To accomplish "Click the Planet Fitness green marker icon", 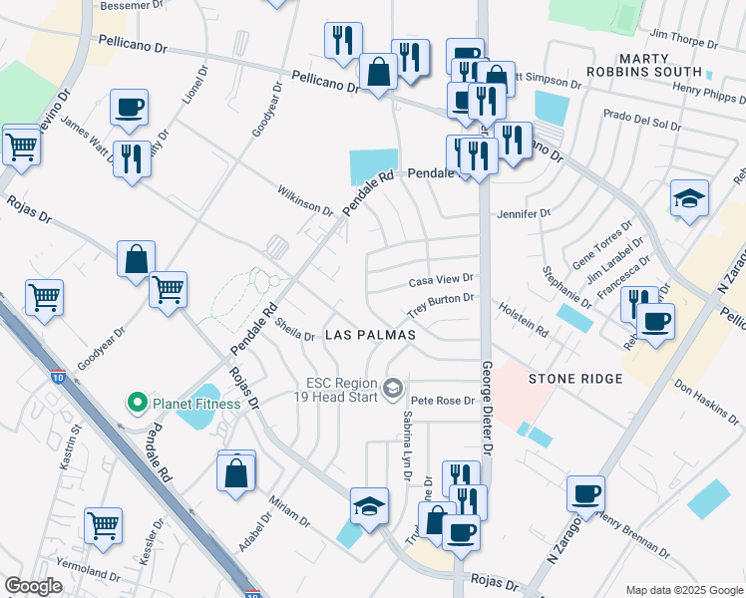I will point(138,404).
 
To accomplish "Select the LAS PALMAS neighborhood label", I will point(370,336).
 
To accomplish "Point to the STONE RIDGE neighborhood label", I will point(575,379).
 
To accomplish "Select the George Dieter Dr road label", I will point(488,409).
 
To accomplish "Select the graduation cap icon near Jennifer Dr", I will point(689,198).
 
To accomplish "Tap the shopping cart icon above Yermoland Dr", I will point(104,525).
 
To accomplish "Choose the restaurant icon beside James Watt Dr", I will point(131,158).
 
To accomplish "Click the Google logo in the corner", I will point(34,586).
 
